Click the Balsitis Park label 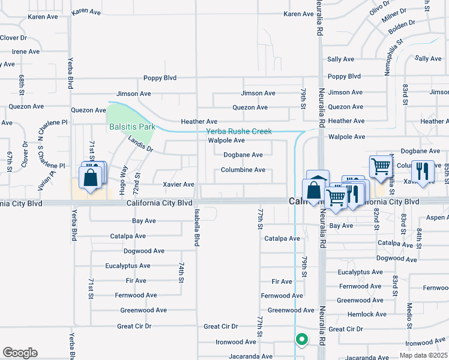click(x=132, y=127)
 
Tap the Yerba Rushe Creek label click(x=239, y=131)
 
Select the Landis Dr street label click(x=140, y=143)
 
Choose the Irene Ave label click(x=26, y=52)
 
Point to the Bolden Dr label click(x=402, y=26)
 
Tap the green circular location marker click(x=302, y=340)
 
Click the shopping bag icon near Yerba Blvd click(x=90, y=178)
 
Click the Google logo click(x=20, y=353)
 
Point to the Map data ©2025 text click(x=423, y=355)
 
